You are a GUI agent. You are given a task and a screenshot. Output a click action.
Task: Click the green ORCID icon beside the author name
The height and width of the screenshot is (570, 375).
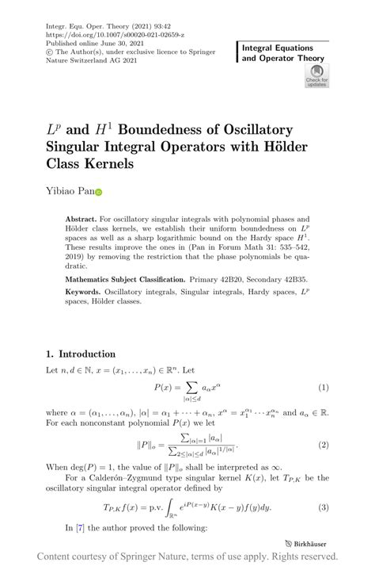(x=100, y=191)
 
